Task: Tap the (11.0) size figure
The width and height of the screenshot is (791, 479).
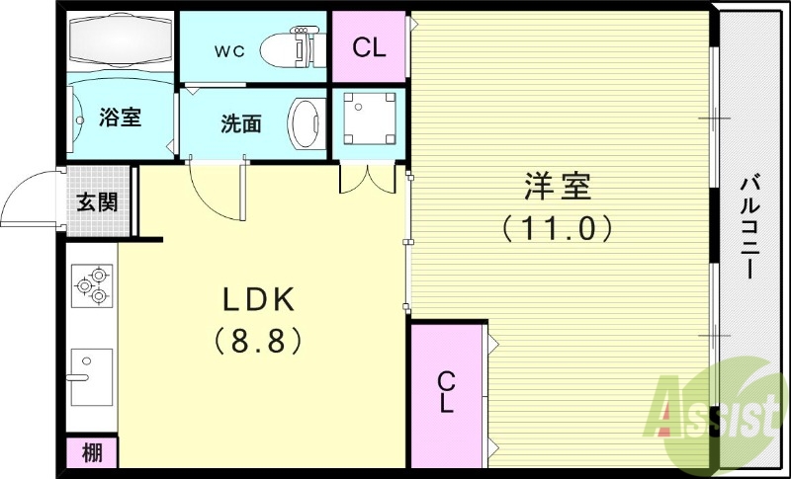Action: [x=557, y=229]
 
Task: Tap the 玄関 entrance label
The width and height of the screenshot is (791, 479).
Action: [x=97, y=203]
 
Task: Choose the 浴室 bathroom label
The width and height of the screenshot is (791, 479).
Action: [x=120, y=118]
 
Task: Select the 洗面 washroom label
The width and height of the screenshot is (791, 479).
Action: [x=240, y=123]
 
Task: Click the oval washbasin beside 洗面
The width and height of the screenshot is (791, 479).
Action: [x=306, y=122]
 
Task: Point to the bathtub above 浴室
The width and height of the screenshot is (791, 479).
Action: [x=120, y=42]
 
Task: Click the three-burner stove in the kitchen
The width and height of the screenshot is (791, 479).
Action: [x=91, y=285]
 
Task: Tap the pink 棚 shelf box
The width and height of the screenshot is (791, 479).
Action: [x=92, y=453]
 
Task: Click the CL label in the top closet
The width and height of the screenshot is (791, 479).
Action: [x=369, y=47]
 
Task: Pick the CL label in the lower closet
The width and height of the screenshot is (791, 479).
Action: [x=447, y=392]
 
